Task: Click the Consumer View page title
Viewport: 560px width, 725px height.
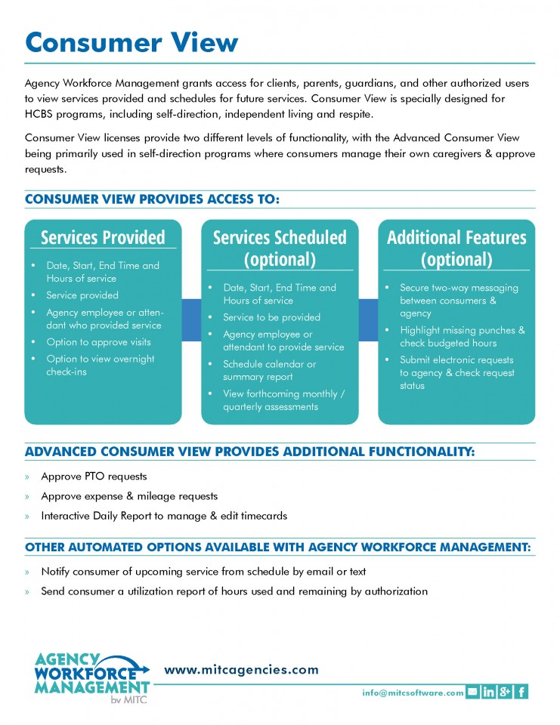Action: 131,42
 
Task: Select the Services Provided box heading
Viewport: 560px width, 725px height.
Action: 103,237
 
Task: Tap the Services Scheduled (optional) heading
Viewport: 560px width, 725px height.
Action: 280,248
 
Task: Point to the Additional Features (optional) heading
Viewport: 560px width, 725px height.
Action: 456,248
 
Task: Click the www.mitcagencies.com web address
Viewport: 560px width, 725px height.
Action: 242,670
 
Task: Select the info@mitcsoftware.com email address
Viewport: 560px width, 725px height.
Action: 413,692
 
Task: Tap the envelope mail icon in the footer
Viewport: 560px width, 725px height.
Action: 472,692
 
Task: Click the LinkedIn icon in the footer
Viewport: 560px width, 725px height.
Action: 489,692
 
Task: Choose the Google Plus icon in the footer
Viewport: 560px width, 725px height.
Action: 506,692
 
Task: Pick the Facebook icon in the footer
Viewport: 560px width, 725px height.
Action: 522,692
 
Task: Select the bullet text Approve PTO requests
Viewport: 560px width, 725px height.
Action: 94,477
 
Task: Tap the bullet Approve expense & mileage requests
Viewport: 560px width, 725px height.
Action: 129,496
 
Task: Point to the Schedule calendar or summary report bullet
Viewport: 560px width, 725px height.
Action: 270,370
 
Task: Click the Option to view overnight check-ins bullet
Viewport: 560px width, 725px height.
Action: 101,365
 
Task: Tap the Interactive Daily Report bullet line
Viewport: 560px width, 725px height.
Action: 164,516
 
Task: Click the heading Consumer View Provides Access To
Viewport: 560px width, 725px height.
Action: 153,199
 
